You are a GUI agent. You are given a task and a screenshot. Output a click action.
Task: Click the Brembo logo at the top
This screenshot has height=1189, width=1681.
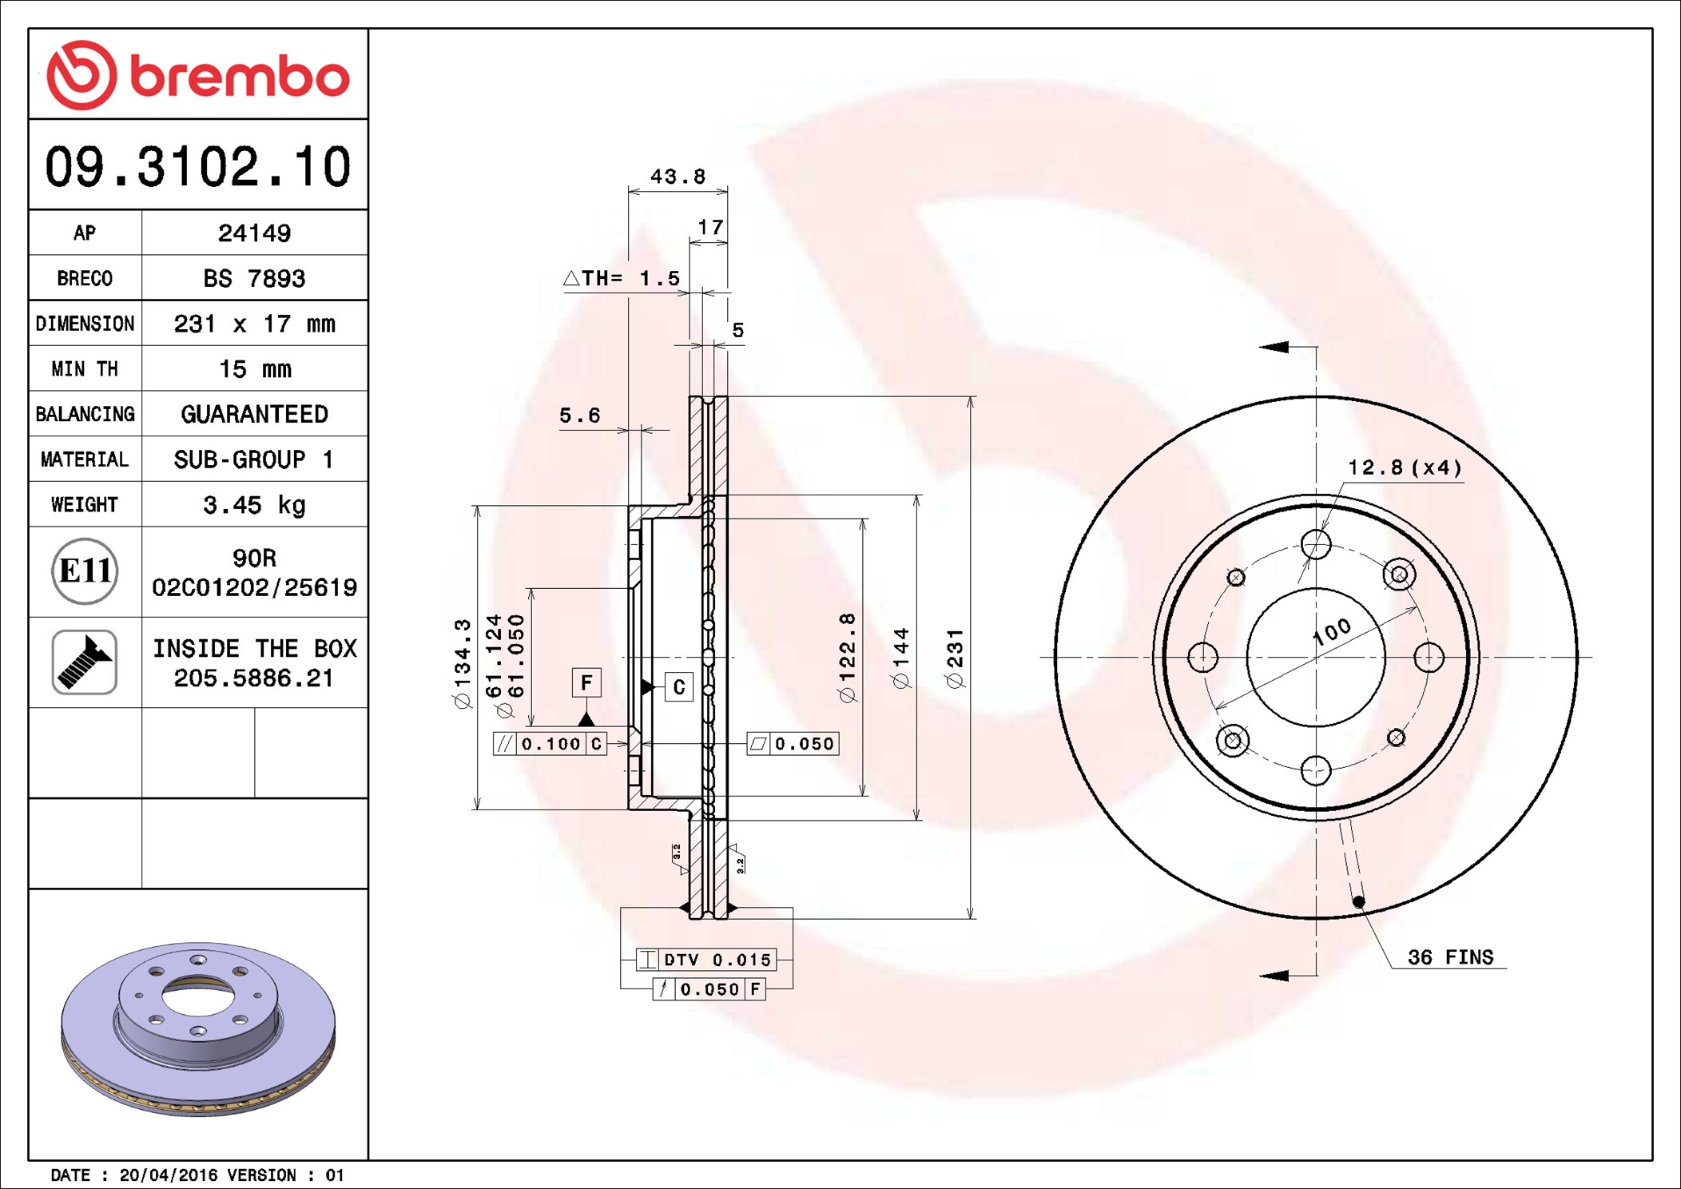pos(198,75)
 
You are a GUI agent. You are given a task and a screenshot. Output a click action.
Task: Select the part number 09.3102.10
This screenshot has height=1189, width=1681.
pos(198,167)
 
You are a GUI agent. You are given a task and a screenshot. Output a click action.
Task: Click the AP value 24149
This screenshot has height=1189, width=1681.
pos(254,233)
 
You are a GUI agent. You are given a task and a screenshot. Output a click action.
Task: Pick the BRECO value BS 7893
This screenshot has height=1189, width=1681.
pos(254,278)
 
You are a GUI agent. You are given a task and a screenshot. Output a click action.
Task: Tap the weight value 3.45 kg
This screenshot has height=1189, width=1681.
pos(254,505)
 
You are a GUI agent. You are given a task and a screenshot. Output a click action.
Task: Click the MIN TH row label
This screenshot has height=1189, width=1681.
pos(85,369)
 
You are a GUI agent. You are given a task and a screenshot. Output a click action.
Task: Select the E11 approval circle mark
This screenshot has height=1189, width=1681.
pos(85,571)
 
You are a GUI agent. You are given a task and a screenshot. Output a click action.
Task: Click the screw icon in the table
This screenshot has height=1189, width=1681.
pos(85,662)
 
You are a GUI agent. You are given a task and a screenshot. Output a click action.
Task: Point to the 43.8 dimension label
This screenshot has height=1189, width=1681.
pos(678,177)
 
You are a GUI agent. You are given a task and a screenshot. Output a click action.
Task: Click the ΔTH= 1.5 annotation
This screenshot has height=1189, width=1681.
pos(622,278)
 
